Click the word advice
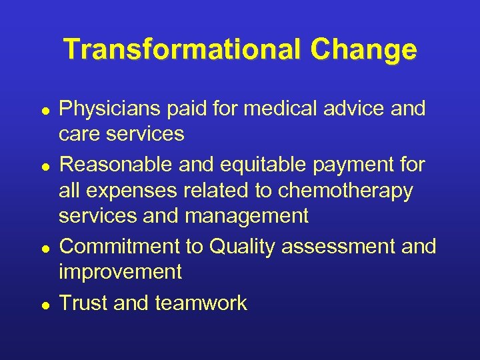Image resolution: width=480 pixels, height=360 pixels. click(353, 109)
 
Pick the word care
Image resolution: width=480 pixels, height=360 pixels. click(79, 134)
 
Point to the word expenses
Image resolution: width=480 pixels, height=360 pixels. click(133, 191)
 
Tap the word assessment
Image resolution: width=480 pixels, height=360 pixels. click(338, 247)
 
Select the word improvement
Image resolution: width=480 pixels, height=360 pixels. click(120, 273)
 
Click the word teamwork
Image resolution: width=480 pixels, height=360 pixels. click(201, 303)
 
